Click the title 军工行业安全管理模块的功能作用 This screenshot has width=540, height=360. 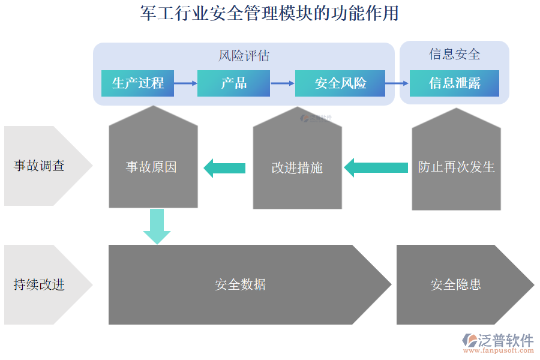point(269,13)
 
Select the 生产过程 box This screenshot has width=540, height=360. point(137,83)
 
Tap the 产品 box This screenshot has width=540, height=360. point(233,83)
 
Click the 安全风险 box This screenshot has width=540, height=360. point(340,83)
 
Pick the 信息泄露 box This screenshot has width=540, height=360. point(454,83)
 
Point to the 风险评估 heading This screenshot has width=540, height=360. point(244,56)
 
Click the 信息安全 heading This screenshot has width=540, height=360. point(454,55)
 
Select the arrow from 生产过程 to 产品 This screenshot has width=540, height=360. point(185,83)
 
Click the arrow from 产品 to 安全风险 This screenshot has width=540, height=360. point(282,83)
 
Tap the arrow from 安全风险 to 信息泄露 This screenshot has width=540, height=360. point(397,83)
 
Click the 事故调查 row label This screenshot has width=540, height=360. point(39,166)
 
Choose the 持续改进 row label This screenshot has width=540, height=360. point(39,284)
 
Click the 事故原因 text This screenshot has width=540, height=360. point(151,167)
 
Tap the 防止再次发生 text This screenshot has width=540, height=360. point(456,167)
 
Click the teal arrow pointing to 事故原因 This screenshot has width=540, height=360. point(224,168)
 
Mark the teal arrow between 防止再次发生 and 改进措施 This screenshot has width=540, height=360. point(376,168)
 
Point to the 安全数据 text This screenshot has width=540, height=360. point(240,284)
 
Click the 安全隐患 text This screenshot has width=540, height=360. point(455,284)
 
